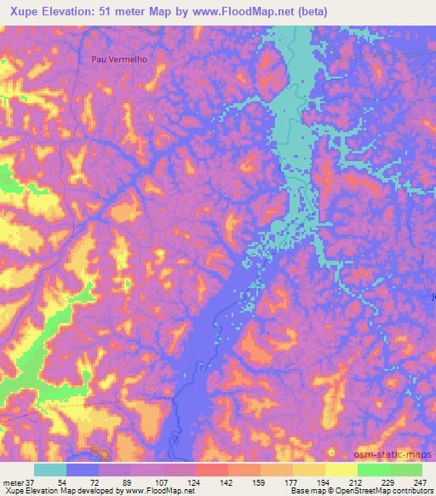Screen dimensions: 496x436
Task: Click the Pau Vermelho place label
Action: point(118,59)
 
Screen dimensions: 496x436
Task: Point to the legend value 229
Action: point(389,482)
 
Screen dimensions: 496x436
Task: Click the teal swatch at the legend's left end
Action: point(50,470)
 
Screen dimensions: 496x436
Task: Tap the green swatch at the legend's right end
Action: point(406,470)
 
